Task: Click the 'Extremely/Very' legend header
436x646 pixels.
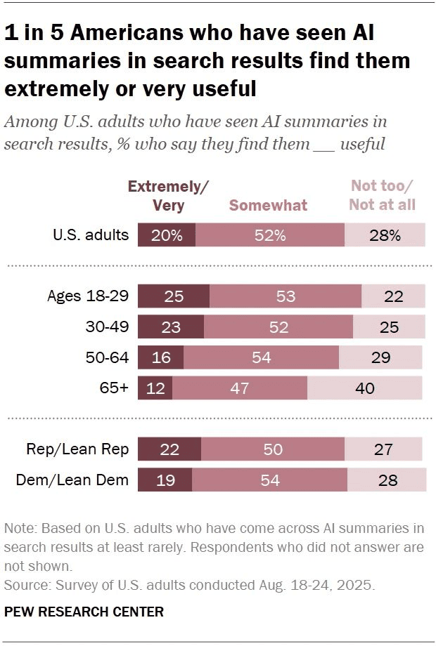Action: [169, 195]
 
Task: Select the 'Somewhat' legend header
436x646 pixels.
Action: [268, 205]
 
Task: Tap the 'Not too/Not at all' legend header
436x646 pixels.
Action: [383, 195]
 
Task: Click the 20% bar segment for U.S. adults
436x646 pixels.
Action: [167, 235]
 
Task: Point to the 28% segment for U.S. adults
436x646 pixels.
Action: [385, 235]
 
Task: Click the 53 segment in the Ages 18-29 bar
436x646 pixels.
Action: [286, 296]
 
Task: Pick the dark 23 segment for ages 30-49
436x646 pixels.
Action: [171, 327]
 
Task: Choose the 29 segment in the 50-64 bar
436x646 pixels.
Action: [380, 357]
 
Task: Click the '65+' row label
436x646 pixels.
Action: [115, 388]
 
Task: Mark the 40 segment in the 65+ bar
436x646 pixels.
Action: [365, 388]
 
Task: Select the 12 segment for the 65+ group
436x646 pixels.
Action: [155, 388]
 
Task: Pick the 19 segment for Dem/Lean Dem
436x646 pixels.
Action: [165, 480]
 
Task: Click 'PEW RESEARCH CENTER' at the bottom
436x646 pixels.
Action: [84, 612]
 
